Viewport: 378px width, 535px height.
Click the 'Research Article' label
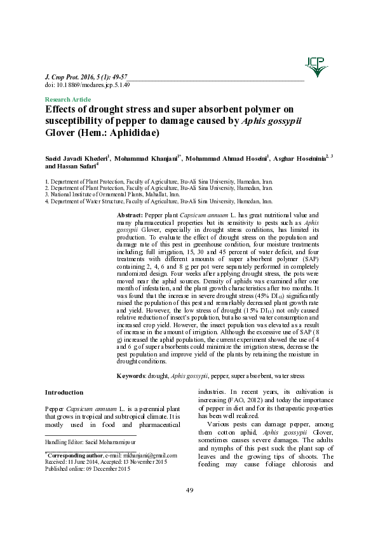pos(68,100)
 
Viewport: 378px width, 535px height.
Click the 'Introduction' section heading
pos(65,393)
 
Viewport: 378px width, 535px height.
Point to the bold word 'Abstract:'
pos(127,217)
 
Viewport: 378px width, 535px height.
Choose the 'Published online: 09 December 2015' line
pos(88,469)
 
